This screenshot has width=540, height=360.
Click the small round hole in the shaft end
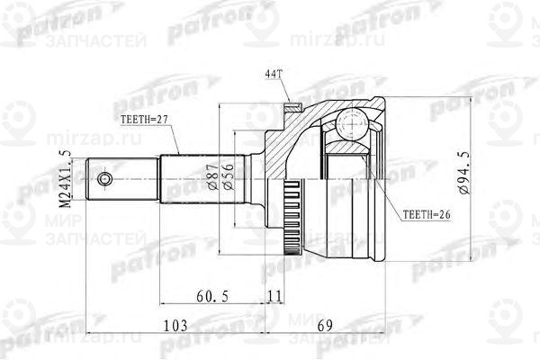click(x=107, y=180)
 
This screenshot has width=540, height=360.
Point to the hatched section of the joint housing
click(x=288, y=144)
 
